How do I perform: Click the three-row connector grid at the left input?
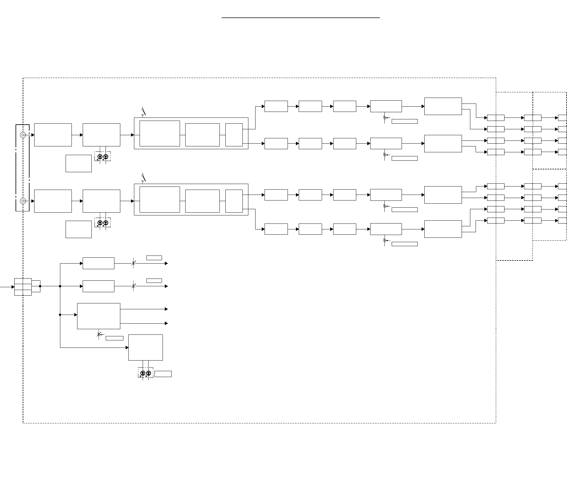pyautogui.click(x=23, y=287)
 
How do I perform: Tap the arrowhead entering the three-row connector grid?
pyautogui.click(x=13, y=287)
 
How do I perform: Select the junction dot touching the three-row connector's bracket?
pyautogui.click(x=40, y=286)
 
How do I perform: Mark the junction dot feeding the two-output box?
pyautogui.click(x=60, y=315)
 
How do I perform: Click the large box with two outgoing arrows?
pyautogui.click(x=99, y=316)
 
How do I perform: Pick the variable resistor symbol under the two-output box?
pyautogui.click(x=99, y=334)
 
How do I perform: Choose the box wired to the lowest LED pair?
pyautogui.click(x=145, y=347)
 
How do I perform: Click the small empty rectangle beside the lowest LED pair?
pyautogui.click(x=163, y=374)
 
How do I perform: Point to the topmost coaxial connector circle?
pyautogui.click(x=23, y=135)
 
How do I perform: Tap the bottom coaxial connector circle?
pyautogui.click(x=23, y=201)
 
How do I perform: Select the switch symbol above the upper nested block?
pyautogui.click(x=143, y=112)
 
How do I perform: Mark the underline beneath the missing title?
pyautogui.click(x=301, y=18)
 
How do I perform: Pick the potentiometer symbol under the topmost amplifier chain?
pyautogui.click(x=385, y=118)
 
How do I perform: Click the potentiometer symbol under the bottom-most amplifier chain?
pyautogui.click(x=385, y=240)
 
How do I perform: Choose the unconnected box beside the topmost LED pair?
pyautogui.click(x=78, y=163)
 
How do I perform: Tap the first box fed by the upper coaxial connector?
pyautogui.click(x=53, y=135)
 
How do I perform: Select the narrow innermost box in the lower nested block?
pyautogui.click(x=234, y=201)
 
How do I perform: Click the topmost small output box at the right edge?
pyautogui.click(x=562, y=118)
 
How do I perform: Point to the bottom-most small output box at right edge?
pyautogui.click(x=562, y=220)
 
